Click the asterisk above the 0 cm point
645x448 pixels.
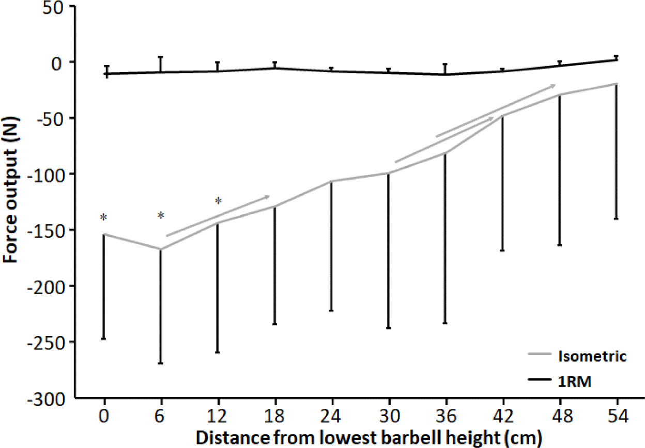(103, 218)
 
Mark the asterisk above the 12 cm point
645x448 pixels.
(218, 201)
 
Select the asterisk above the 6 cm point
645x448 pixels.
(161, 216)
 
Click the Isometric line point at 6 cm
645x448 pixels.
(161, 249)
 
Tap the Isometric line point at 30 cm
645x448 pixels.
(388, 173)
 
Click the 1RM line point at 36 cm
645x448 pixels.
(445, 74)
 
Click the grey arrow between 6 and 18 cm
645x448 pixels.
(218, 216)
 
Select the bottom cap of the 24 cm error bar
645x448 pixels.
(331, 311)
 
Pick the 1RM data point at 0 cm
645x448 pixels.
(105, 74)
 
